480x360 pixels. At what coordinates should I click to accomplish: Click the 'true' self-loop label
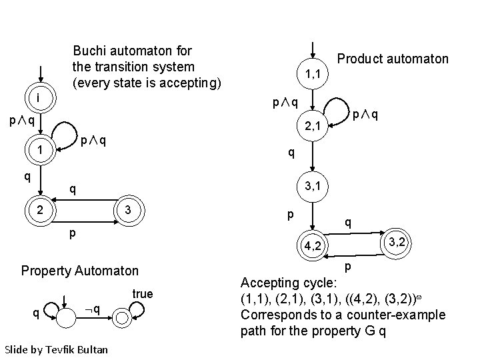[143, 294]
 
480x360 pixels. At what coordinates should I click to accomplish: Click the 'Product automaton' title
[393, 59]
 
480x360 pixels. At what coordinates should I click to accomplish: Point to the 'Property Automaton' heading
[80, 271]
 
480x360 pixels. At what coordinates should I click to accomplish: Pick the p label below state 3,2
[347, 268]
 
